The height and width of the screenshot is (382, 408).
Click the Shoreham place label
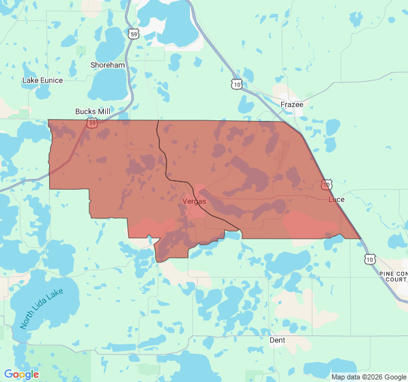pyautogui.click(x=108, y=65)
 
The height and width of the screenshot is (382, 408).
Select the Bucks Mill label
pyautogui.click(x=92, y=111)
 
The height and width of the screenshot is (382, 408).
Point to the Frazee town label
pyautogui.click(x=292, y=104)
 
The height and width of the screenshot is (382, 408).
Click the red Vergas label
pyautogui.click(x=194, y=201)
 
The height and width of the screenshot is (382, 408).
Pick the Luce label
pyautogui.click(x=336, y=199)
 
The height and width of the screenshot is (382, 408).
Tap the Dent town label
pyautogui.click(x=277, y=340)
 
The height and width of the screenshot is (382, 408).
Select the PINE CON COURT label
pyautogui.click(x=393, y=276)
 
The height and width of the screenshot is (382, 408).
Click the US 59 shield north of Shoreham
pyautogui.click(x=132, y=34)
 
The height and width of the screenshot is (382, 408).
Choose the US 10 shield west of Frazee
pyautogui.click(x=237, y=84)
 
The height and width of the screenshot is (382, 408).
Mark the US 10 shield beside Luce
pyautogui.click(x=326, y=185)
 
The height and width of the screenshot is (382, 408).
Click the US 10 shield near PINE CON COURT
pyautogui.click(x=370, y=258)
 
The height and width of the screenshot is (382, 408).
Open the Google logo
pyautogui.click(x=21, y=374)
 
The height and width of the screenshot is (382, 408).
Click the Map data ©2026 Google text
pyautogui.click(x=368, y=377)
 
